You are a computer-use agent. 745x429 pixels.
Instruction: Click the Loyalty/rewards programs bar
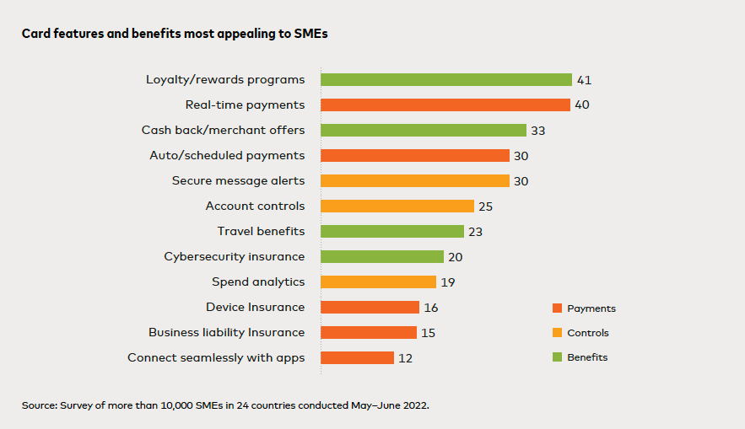point(446,80)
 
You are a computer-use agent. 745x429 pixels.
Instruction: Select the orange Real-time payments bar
point(445,105)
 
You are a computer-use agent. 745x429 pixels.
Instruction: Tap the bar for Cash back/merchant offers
point(424,131)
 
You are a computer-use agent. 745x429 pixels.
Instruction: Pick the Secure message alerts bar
point(415,181)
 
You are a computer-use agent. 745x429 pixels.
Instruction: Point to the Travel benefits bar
point(392,232)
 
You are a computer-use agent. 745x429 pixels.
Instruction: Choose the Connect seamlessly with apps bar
point(357,358)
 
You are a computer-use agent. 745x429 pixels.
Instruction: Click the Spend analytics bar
point(378,282)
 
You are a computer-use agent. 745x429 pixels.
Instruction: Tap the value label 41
point(584,80)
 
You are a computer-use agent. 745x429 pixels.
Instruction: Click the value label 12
point(405,358)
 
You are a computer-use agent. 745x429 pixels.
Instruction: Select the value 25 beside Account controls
point(485,206)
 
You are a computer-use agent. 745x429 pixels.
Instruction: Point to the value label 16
point(430,308)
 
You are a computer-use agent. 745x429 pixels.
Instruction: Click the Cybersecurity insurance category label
point(235,257)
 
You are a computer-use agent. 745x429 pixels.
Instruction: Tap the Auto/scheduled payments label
point(227,156)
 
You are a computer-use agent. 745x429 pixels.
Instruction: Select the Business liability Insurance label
point(226,333)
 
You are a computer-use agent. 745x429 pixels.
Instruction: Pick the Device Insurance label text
point(255,308)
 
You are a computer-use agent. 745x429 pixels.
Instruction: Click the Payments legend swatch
point(556,308)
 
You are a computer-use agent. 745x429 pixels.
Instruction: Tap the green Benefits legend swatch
point(556,357)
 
